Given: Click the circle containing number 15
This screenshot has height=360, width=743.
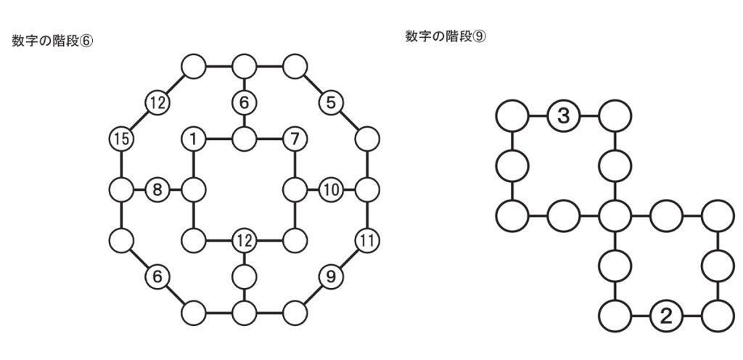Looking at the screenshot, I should click(121, 138).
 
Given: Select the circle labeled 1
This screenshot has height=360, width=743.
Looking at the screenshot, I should click(194, 138).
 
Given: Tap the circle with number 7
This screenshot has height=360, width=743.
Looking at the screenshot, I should click(295, 138).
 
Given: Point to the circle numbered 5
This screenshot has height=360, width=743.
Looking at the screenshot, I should click(331, 103).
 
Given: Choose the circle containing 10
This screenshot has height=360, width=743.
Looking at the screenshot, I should click(331, 191).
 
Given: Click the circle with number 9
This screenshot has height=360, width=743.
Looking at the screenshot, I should click(331, 275).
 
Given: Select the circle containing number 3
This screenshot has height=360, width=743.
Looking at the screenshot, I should click(563, 115).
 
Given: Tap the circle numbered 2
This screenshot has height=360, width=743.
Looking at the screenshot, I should click(665, 316).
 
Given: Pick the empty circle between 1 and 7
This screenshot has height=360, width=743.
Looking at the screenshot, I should click(244, 138).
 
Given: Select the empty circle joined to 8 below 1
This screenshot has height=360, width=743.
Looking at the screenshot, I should click(194, 191).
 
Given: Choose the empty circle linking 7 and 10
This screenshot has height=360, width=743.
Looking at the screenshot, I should click(295, 191).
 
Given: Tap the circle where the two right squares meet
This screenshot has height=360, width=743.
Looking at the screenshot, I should click(615, 216).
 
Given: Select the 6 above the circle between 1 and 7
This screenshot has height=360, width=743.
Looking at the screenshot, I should click(244, 103).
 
